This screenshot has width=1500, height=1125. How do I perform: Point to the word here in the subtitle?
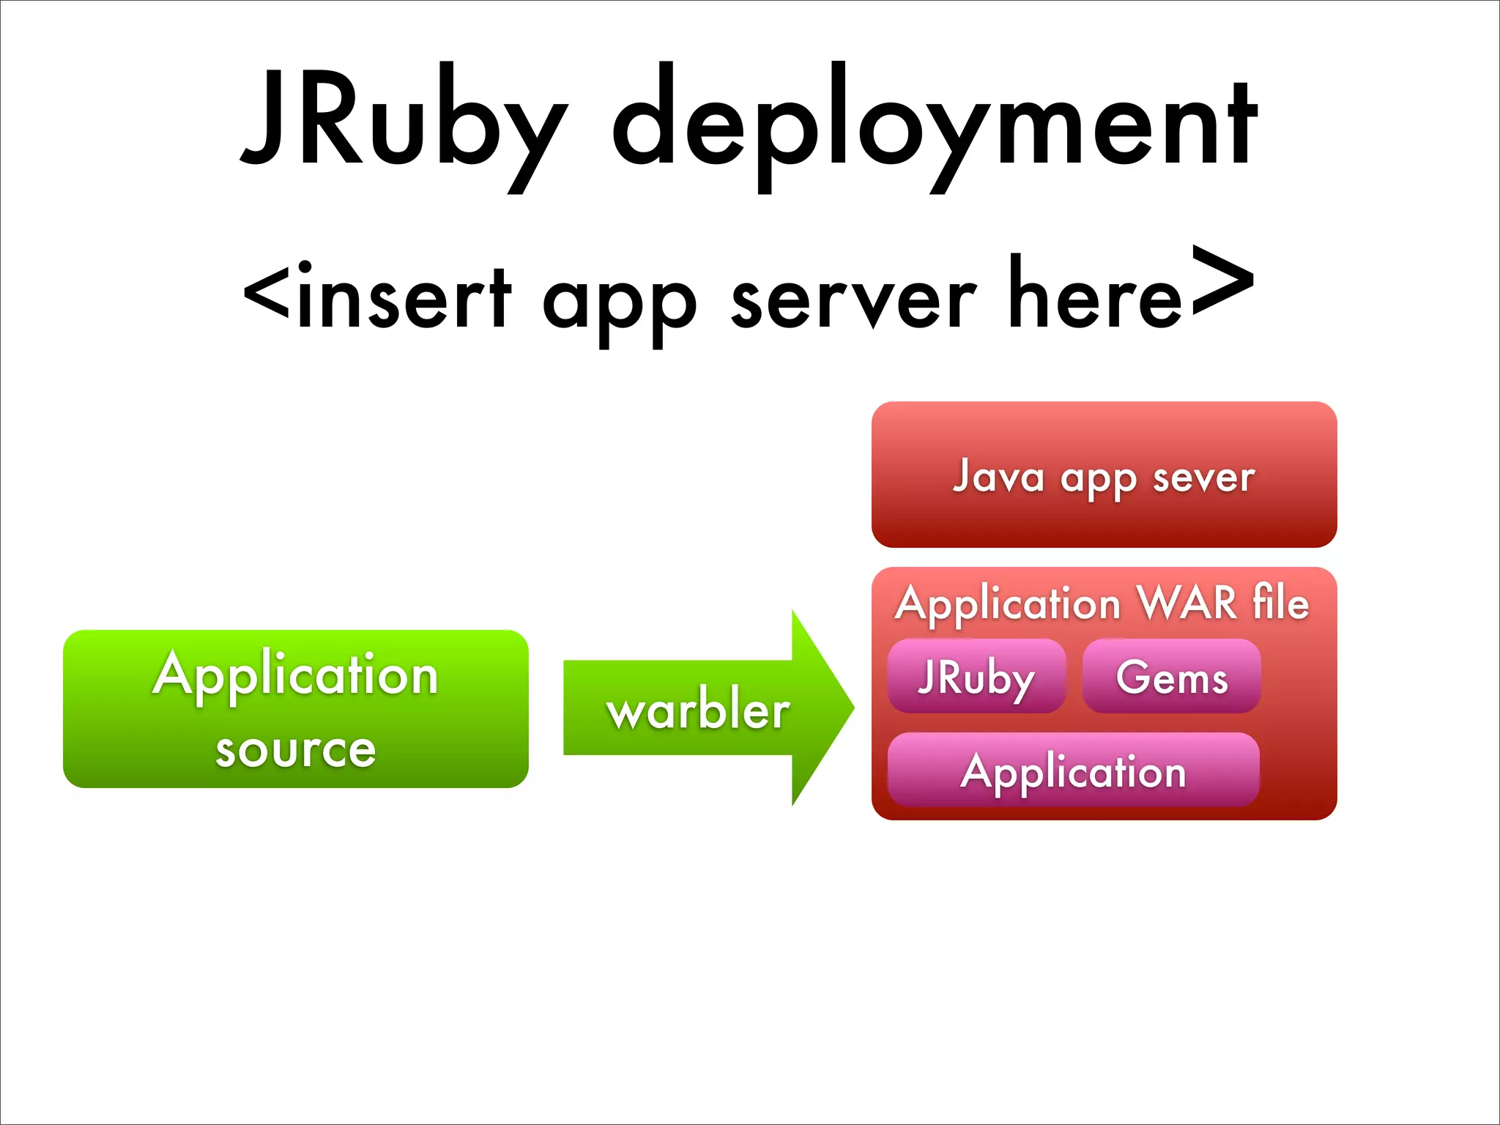coord(1095,293)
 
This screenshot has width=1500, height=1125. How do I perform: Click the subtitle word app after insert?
coord(619,304)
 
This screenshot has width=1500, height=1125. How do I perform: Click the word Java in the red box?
coord(998,476)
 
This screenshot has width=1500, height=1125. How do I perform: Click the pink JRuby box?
coord(976,676)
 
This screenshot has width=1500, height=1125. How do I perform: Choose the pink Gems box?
coord(1171,676)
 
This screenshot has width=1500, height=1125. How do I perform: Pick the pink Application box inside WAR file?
coord(1073,771)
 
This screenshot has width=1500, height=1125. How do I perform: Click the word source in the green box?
coord(295,749)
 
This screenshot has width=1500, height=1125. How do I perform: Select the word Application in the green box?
coord(295,674)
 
